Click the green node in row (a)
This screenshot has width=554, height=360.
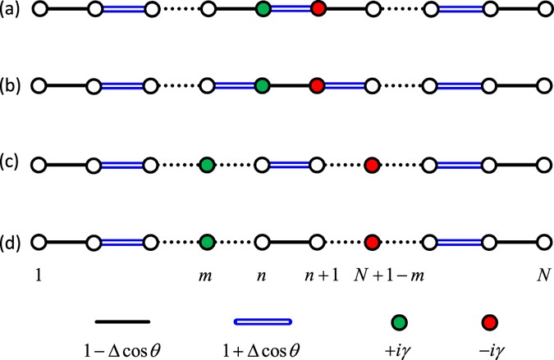click(262, 11)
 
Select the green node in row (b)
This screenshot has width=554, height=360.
click(262, 85)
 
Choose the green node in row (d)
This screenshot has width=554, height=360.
click(206, 243)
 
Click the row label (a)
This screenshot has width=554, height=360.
click(15, 11)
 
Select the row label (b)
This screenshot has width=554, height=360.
click(15, 85)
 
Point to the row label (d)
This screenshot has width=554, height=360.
click(15, 243)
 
